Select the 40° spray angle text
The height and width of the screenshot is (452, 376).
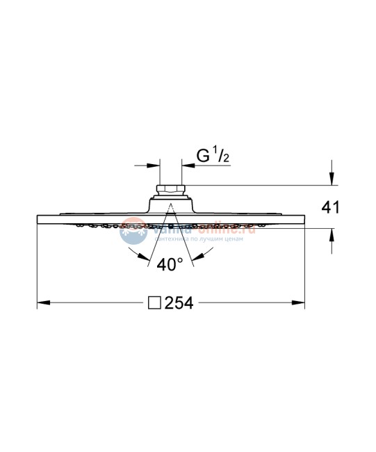[x=170, y=265]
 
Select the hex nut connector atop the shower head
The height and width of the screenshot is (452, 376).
[x=170, y=189]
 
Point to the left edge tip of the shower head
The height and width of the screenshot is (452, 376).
[x=37, y=219]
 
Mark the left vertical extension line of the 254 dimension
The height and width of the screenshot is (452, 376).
[x=37, y=264]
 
